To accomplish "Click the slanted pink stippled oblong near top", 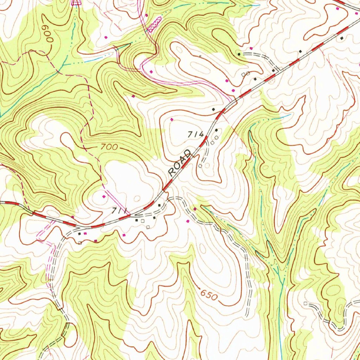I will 154,24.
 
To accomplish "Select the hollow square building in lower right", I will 305,303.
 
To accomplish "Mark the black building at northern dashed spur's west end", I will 239,54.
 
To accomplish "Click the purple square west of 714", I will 172,120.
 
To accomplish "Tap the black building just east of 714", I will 216,130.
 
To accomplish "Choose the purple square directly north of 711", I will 104,196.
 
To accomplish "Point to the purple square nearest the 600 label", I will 106,37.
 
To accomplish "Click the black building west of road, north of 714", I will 213,110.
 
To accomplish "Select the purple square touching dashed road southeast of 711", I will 195,209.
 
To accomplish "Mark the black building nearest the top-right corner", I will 341,38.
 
